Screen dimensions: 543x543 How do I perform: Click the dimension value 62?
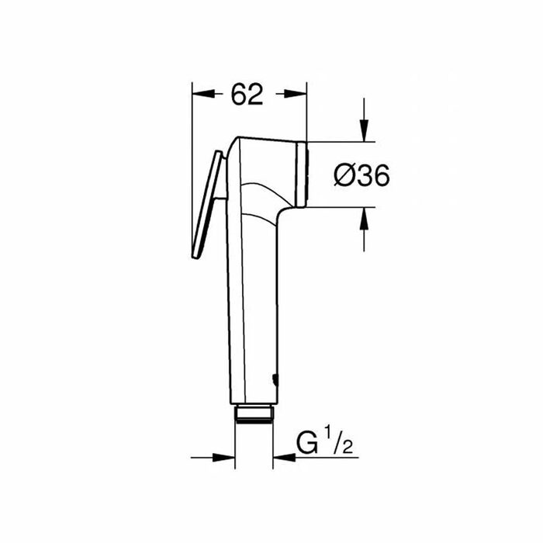[x=247, y=94]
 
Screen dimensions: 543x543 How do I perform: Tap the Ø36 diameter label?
[x=361, y=175]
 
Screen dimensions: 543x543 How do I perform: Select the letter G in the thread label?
[x=307, y=443]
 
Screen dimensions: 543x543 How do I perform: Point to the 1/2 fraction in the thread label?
[x=339, y=440]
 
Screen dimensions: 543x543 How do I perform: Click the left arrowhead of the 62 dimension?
[x=203, y=94]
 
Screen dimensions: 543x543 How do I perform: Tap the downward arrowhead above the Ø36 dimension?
[x=364, y=130]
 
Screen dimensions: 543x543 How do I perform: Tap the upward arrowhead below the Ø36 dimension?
[x=364, y=219]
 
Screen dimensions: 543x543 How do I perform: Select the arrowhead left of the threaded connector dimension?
[x=223, y=458]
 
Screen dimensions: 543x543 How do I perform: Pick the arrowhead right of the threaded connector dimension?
[x=285, y=458]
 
